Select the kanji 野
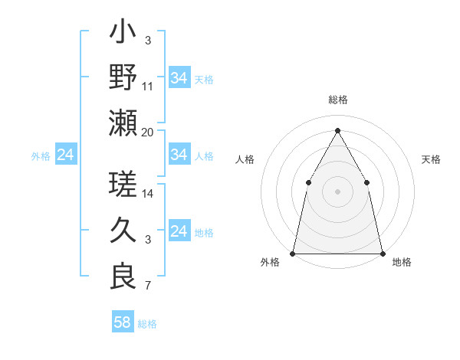(123, 77)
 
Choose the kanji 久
(123, 231)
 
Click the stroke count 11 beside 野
(148, 87)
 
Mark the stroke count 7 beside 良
(148, 286)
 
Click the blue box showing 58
(123, 322)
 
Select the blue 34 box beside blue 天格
(179, 77)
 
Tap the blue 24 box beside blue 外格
(66, 155)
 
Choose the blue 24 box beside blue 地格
(179, 231)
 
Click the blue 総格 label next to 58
(147, 324)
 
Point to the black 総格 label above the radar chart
(337, 100)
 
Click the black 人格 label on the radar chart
(245, 159)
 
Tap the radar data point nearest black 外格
(293, 253)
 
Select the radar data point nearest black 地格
(382, 253)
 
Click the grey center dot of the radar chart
(337, 191)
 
